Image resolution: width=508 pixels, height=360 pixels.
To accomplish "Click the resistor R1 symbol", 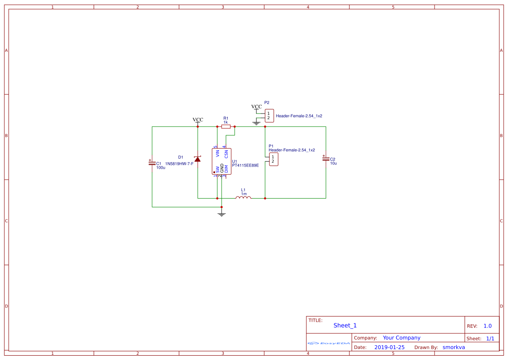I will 226,127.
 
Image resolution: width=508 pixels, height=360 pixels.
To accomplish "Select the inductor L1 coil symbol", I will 243,198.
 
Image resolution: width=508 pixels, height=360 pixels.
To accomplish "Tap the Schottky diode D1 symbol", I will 198,159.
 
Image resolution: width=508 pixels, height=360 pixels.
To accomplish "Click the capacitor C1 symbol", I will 152,163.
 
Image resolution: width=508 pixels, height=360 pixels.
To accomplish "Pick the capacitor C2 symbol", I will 325,159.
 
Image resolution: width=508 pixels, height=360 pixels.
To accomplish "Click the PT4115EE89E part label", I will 246,165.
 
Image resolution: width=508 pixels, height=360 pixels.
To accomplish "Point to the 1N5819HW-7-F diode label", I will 179,163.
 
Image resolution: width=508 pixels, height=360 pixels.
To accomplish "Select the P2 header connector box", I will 269,116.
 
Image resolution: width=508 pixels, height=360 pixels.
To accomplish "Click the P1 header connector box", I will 273,160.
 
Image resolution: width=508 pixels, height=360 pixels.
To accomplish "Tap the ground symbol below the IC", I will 222,214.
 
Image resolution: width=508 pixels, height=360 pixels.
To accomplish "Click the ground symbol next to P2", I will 256,123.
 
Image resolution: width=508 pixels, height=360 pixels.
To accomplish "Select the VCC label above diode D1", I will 198,120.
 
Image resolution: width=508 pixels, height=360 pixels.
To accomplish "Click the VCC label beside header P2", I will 256,107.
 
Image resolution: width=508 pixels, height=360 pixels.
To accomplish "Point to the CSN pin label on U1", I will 226,153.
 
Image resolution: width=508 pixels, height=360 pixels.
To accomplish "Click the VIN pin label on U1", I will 217,153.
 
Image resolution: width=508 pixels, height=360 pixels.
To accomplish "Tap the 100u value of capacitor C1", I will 161,167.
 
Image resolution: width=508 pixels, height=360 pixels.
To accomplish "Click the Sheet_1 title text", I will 345,325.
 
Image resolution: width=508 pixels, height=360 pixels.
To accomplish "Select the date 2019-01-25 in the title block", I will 389,347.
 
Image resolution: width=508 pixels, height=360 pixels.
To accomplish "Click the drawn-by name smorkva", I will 454,347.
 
